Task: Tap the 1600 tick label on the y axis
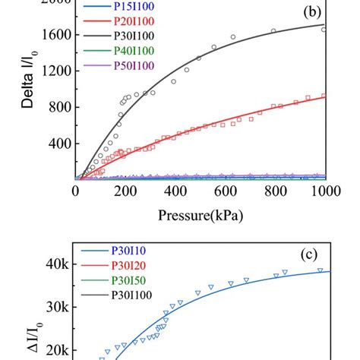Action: click(54, 35)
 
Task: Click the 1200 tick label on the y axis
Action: click(54, 71)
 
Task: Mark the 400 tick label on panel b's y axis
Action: click(58, 144)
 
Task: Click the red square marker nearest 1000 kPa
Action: click(325, 96)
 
